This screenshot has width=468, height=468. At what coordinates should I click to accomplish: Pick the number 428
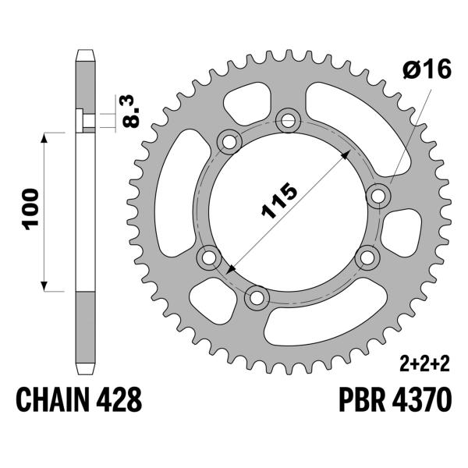[119, 402]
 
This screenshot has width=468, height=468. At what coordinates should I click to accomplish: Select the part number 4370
[422, 402]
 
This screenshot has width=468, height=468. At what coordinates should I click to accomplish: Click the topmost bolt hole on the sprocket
[289, 119]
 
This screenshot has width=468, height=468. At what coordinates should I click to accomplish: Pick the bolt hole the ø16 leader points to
[380, 194]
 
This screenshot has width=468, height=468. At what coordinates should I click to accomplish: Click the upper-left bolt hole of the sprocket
[229, 143]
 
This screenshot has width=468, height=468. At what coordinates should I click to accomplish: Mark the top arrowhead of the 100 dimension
[44, 136]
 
